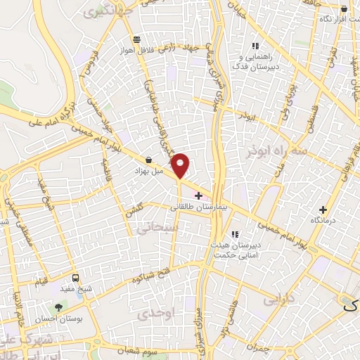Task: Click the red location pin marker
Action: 181,165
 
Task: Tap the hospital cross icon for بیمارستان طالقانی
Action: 198,195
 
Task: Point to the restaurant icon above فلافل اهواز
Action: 136,39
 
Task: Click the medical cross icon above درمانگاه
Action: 323,210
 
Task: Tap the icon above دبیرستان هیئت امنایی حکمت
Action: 235,234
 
